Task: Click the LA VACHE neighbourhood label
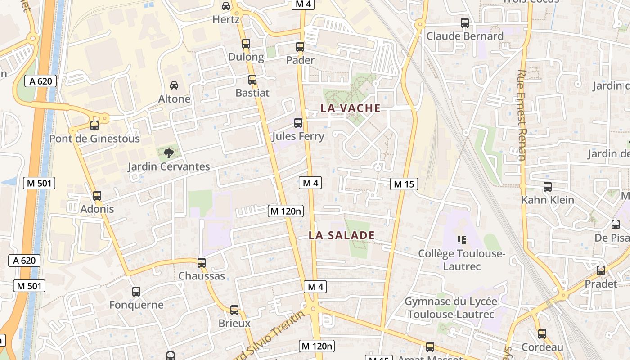350,108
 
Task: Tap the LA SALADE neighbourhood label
342,235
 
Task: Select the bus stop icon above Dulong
246,44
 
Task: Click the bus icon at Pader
300,47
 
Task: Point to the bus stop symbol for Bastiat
252,80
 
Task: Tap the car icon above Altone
174,85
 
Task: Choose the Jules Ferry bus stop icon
298,123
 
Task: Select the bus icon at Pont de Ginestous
94,126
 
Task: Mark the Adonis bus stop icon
97,196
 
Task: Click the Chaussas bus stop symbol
202,263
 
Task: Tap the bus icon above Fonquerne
136,292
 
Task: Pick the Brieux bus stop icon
234,310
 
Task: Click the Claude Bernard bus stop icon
465,23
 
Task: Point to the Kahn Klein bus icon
548,187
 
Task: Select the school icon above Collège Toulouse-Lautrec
462,240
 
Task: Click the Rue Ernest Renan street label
522,115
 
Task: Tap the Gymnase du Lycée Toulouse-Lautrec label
451,308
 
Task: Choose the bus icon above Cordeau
542,334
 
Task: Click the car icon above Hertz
226,6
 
